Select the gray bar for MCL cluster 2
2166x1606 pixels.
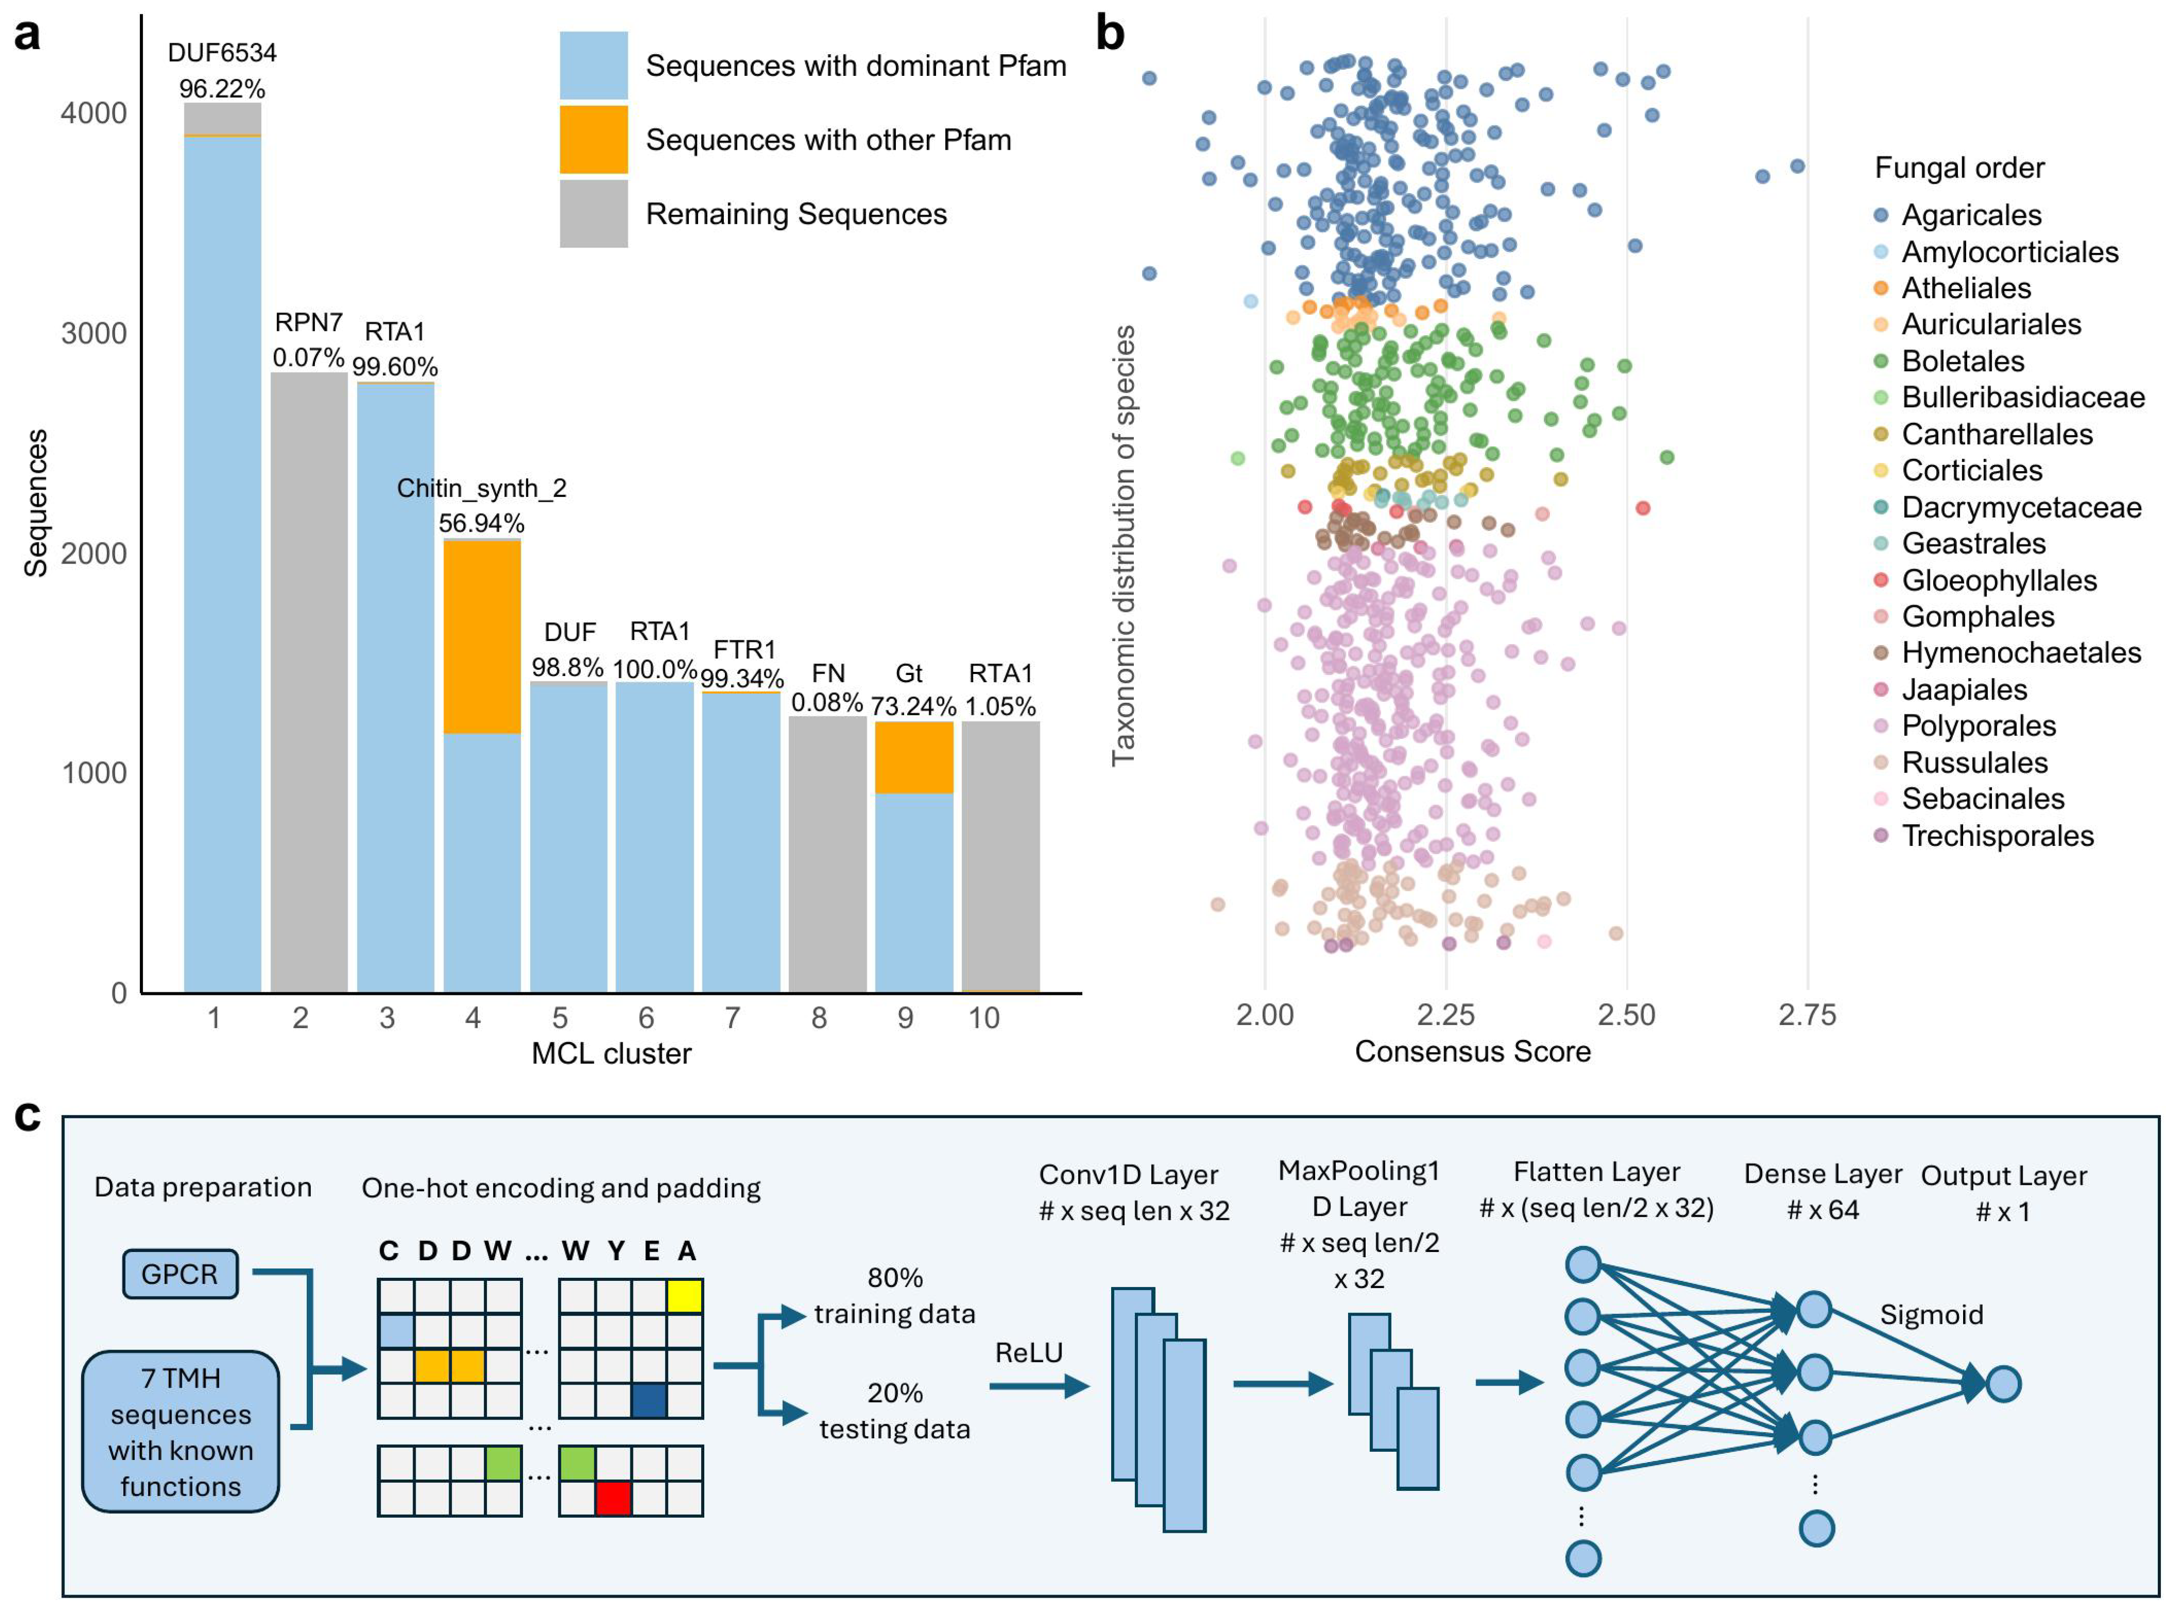308,681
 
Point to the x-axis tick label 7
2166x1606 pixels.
732,1018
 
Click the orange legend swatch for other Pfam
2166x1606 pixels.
593,139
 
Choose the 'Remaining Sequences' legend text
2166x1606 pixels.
796,214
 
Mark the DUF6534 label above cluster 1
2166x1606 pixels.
222,53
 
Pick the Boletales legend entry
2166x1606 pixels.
1962,361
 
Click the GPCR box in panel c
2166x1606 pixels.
180,1274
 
